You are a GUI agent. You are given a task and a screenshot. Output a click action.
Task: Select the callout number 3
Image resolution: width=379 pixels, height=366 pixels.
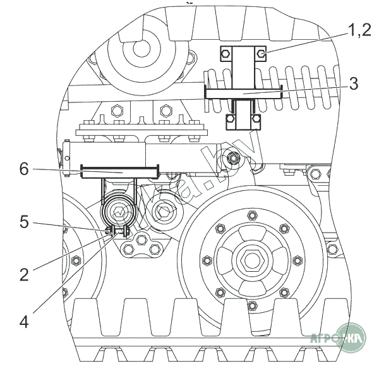353,83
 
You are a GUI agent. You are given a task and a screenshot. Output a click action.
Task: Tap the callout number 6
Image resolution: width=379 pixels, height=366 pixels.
23,168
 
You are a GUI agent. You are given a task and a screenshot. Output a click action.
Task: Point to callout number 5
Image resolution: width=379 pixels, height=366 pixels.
23,223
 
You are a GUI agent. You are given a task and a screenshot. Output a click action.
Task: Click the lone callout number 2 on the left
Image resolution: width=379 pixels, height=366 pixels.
23,274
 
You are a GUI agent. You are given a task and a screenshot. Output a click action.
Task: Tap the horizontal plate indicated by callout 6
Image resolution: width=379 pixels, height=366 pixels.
120,169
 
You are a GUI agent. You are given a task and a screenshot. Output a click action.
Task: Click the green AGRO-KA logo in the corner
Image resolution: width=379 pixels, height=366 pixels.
351,339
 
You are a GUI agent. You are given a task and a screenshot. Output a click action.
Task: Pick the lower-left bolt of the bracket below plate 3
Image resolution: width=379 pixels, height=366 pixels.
231,118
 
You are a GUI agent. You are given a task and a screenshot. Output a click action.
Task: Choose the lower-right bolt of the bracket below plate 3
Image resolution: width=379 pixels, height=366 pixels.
255,118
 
